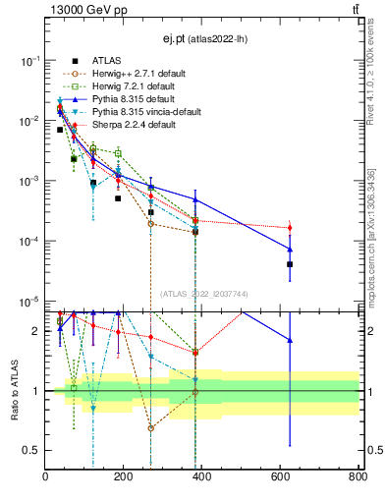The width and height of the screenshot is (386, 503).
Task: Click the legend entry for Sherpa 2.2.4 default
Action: [127, 125]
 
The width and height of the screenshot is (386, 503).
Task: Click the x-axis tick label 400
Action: [201, 477]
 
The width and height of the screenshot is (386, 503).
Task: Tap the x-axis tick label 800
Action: [357, 477]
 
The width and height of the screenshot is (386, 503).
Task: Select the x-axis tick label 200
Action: [124, 477]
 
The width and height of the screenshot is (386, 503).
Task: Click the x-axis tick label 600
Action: [279, 477]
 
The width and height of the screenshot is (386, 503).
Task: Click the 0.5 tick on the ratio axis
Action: [31, 451]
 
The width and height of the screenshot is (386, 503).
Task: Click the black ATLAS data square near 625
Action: [290, 264]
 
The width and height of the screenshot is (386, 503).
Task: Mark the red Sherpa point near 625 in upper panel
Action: [290, 228]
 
